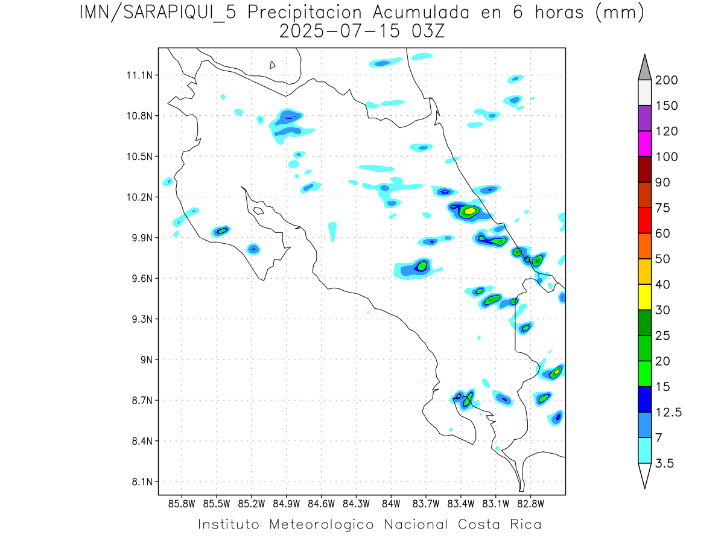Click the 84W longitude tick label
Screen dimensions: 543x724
click(391, 503)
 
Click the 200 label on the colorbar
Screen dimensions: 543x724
click(667, 80)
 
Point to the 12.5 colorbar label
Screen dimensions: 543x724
click(669, 413)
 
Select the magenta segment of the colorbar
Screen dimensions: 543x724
click(644, 144)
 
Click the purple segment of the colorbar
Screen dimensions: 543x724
click(644, 118)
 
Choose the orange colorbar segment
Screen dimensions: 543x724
click(644, 246)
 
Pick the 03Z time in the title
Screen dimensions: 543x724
click(427, 31)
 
